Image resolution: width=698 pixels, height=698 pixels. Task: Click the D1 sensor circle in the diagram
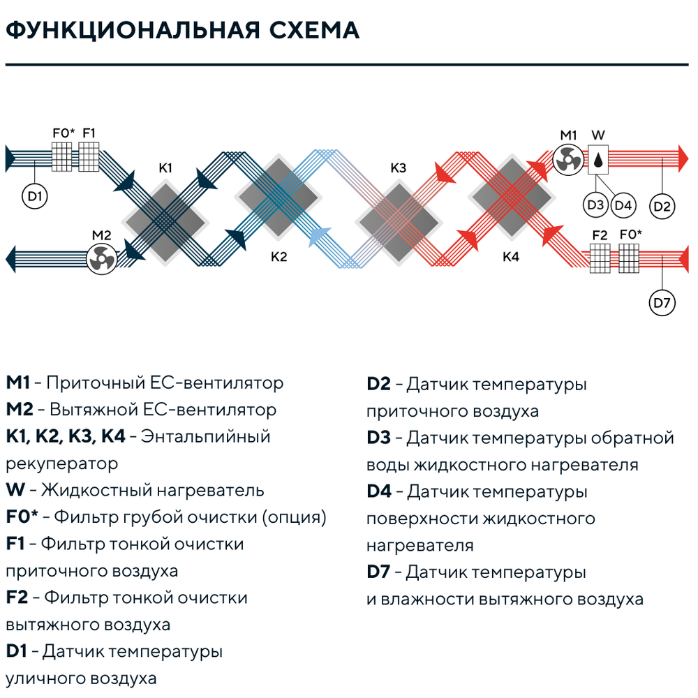[x=35, y=196]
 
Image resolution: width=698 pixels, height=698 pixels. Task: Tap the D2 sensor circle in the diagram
[x=662, y=206]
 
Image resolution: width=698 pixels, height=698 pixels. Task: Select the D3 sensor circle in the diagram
[x=595, y=205]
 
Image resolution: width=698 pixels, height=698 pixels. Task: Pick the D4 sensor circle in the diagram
[x=623, y=205]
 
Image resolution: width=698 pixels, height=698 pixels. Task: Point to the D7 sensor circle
[x=662, y=303]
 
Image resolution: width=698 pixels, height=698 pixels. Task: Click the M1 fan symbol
[x=568, y=159]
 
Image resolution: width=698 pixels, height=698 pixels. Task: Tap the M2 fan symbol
[x=101, y=259]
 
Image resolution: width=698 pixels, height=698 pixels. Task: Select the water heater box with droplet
[x=598, y=159]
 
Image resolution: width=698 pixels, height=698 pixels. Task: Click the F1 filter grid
[x=89, y=156]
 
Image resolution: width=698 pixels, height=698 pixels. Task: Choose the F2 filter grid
[x=600, y=259]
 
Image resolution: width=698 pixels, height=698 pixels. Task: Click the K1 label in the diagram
[x=165, y=168]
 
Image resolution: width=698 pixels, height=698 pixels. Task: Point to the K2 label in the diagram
[x=279, y=257]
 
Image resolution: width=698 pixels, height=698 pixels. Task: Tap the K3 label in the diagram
[x=399, y=168]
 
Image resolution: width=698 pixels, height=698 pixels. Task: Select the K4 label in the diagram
[x=511, y=257]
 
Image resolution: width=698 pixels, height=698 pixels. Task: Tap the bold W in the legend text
[x=15, y=490]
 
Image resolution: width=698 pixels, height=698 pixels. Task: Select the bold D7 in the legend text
[x=378, y=572]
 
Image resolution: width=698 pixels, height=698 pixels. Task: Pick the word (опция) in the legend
[x=295, y=517]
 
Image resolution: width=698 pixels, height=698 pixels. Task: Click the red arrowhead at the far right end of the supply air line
[x=683, y=158]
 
